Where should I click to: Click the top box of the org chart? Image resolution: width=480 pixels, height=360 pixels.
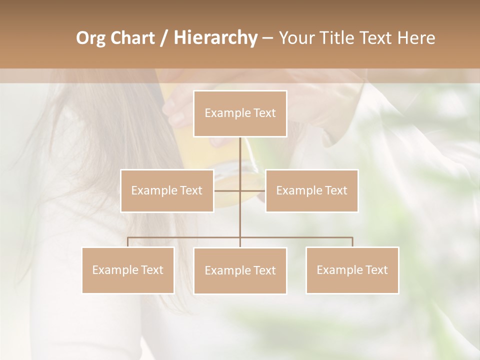click(240, 113)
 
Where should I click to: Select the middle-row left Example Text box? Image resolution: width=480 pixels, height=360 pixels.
click(167, 190)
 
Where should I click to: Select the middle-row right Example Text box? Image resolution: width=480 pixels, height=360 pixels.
click(311, 190)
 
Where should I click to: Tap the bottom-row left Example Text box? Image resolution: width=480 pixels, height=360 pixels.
click(128, 270)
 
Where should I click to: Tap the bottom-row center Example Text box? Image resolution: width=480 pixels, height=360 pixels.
click(240, 270)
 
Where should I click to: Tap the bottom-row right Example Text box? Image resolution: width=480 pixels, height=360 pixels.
click(352, 270)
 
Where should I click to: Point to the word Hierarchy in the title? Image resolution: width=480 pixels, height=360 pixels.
click(215, 38)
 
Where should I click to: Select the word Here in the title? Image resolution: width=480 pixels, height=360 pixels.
click(417, 38)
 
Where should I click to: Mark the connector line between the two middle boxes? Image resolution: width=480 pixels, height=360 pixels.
click(227, 190)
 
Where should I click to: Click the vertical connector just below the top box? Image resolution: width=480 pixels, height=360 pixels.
click(240, 150)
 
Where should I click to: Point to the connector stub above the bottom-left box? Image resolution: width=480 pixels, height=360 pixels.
click(128, 242)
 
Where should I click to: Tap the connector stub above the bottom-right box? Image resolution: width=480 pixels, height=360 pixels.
click(352, 242)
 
